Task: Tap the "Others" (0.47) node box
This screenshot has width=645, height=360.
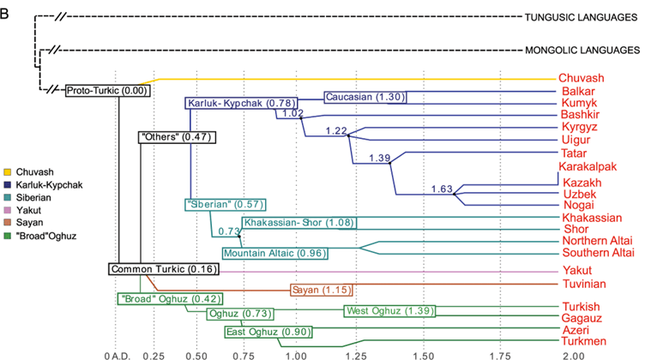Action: pos(177,136)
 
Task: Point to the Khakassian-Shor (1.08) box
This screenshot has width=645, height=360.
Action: pos(298,223)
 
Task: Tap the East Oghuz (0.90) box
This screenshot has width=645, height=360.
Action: pos(268,332)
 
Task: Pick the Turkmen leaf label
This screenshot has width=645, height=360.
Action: pos(582,341)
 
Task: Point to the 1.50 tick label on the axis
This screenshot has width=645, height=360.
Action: pos(421,355)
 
